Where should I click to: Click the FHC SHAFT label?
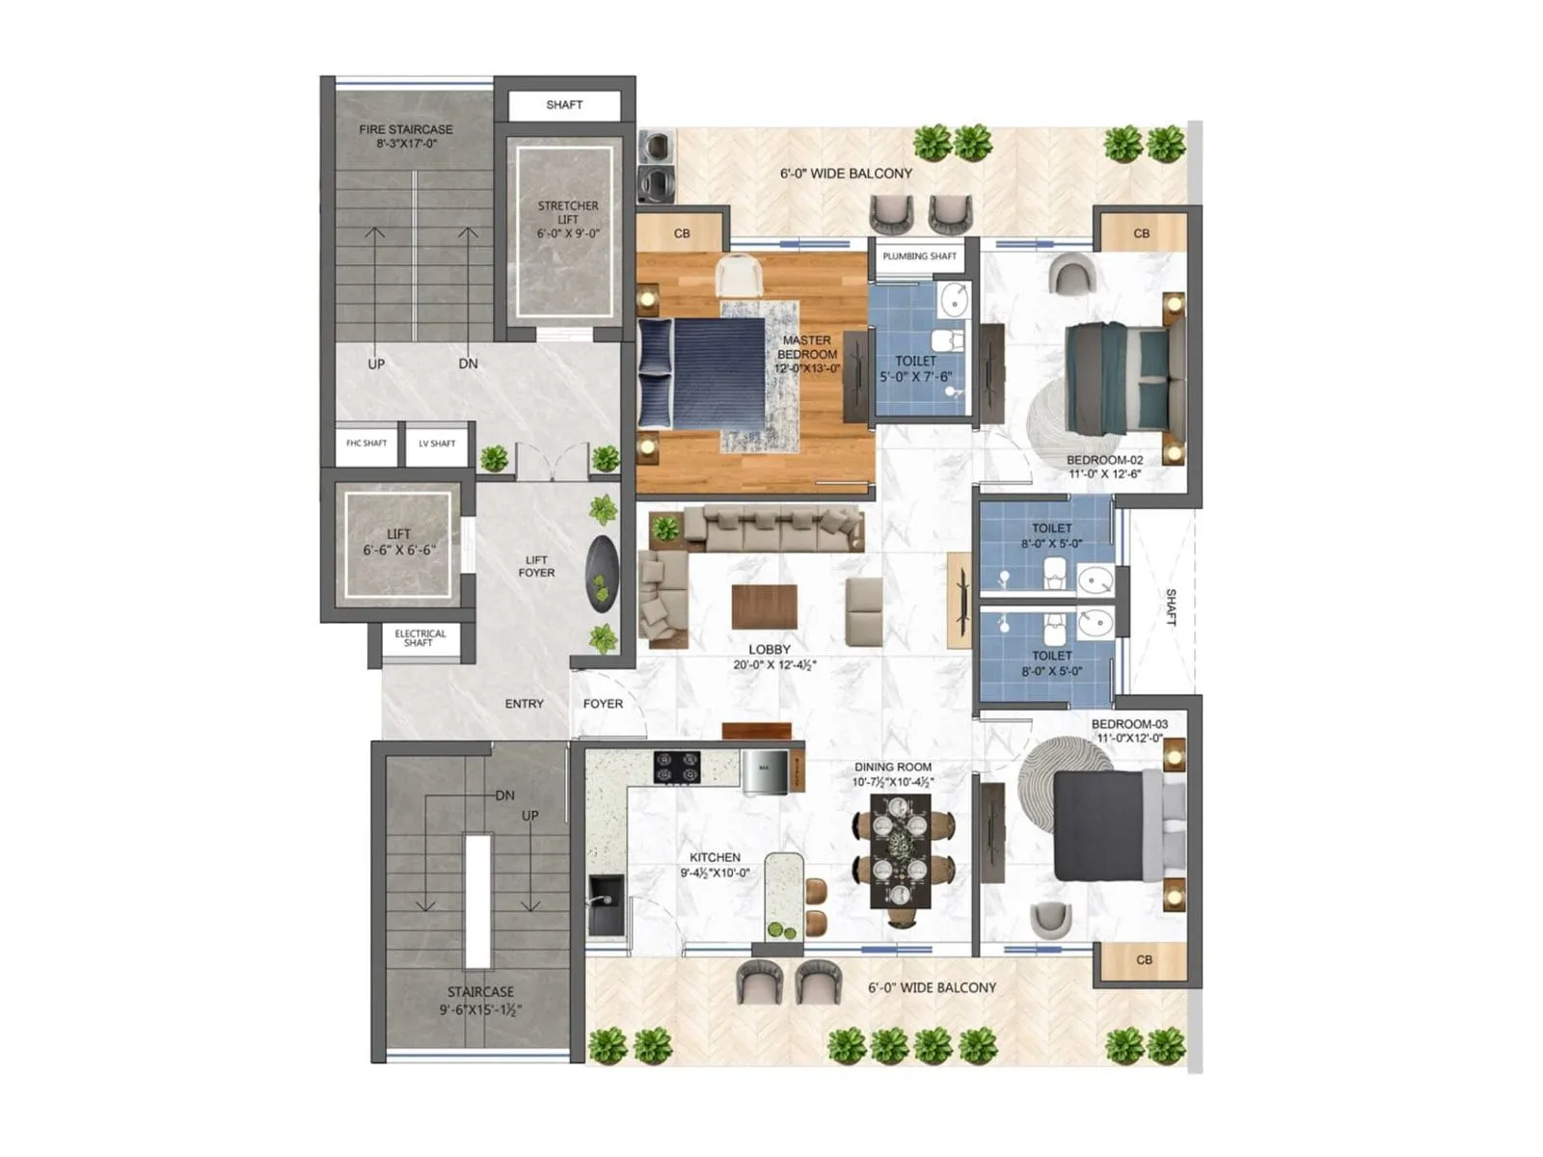[x=366, y=444]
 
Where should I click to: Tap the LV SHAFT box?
[x=437, y=444]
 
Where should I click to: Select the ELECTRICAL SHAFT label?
[x=420, y=638]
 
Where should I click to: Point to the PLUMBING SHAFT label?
[x=919, y=256]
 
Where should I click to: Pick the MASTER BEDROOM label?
[x=807, y=354]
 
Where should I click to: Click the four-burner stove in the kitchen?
[x=677, y=767]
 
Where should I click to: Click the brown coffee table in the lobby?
[x=764, y=606]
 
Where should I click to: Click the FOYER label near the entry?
[x=603, y=704]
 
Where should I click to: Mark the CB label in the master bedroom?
[x=682, y=233]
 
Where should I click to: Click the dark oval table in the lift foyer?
[x=602, y=574]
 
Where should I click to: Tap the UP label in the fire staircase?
[x=376, y=364]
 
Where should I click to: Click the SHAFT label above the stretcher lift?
[x=564, y=105]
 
